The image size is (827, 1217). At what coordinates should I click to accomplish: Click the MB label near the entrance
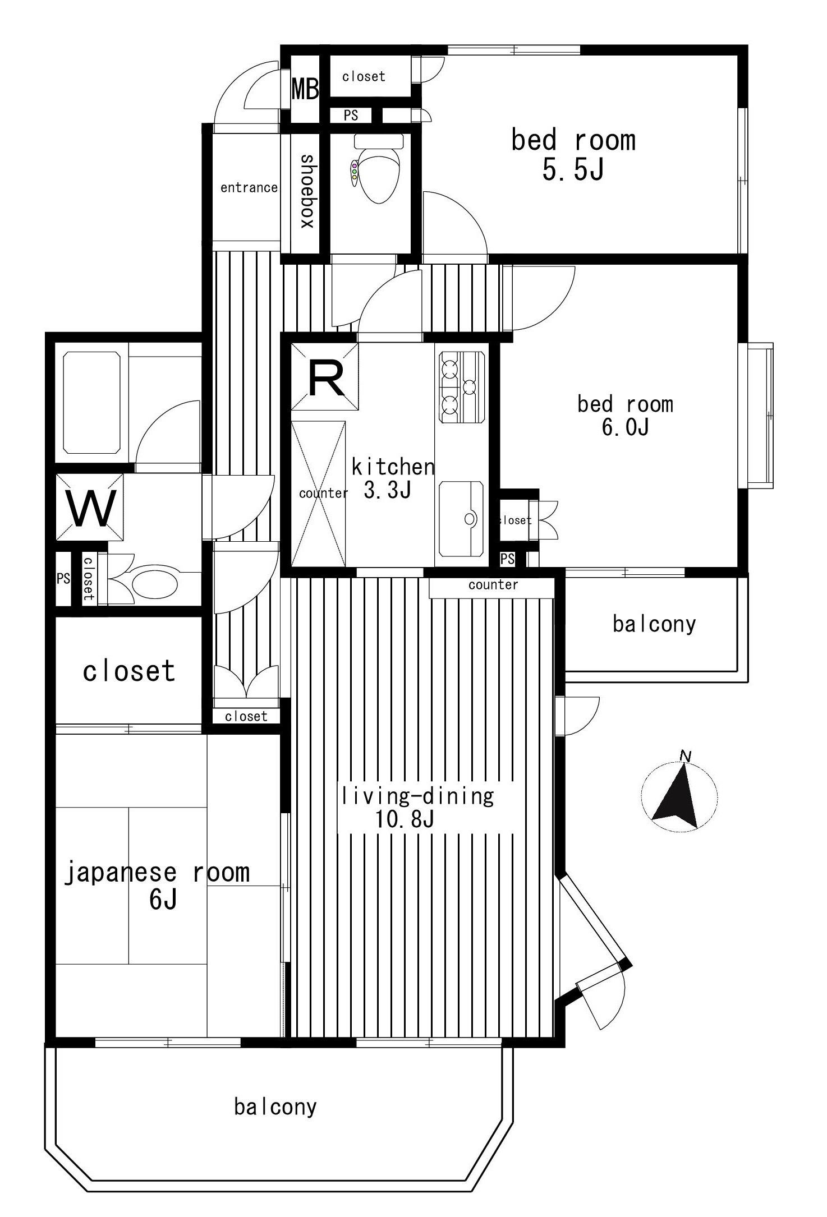pos(305,89)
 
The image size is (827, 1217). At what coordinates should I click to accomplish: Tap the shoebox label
pos(307,191)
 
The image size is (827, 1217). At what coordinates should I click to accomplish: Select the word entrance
pos(249,187)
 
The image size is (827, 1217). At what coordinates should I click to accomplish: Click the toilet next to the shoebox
pos(378,168)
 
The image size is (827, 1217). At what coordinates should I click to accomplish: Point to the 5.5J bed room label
pos(573,154)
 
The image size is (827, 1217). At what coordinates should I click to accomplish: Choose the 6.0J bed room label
pos(625,416)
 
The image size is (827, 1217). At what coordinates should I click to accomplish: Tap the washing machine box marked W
pos(90,508)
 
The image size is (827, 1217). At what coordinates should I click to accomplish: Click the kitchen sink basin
pos(461,519)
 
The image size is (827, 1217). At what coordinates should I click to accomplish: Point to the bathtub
pos(91,402)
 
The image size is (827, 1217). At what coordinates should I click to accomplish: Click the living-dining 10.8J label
pos(418,808)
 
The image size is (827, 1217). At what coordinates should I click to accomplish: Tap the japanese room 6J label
pos(157,886)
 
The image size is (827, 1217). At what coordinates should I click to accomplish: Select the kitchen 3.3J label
pos(393,478)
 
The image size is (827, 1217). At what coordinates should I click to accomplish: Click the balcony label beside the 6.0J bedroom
pos(654,624)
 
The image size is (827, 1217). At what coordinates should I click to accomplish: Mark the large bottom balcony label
pos(275,1107)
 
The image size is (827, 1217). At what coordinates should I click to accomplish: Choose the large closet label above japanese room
pos(129,671)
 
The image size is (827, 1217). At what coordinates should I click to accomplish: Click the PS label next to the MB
pos(351,115)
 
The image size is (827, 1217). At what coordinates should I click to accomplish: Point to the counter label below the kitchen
pos(493,585)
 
